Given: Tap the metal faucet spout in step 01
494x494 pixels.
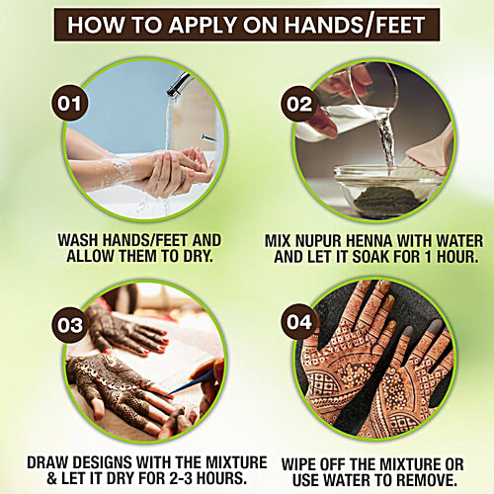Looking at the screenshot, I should [x=177, y=84].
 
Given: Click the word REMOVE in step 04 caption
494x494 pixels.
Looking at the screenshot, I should [x=421, y=478].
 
